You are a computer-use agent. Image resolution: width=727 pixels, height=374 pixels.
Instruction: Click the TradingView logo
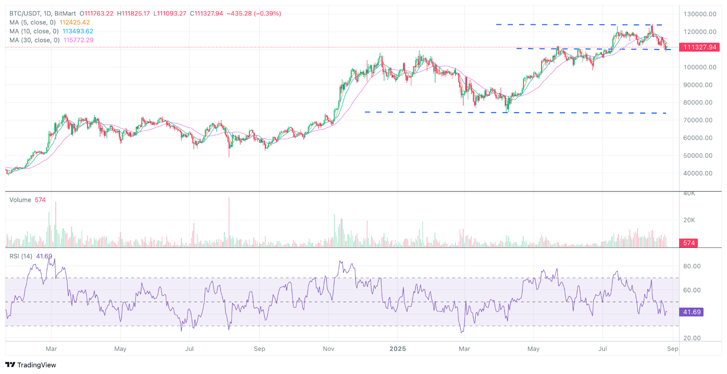pos(30,365)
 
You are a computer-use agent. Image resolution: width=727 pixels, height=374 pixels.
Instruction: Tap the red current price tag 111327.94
pos(699,47)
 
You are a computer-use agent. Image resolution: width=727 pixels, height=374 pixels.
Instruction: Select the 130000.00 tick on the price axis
pos(700,14)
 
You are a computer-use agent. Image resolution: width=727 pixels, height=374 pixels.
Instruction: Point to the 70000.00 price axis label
pos(698,120)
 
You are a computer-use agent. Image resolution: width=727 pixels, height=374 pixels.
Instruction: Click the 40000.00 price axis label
pos(698,173)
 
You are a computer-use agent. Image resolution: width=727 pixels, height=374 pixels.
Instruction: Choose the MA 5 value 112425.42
pos(75,22)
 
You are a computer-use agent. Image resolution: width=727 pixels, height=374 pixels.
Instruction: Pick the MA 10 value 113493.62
pos(78,31)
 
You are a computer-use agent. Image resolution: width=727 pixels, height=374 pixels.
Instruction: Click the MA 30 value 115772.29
pos(78,40)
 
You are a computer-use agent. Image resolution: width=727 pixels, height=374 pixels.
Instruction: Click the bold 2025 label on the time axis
pos(398,349)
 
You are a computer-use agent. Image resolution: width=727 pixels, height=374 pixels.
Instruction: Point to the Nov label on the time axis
pos(329,349)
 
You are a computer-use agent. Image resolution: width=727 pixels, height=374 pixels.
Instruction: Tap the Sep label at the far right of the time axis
pos(672,349)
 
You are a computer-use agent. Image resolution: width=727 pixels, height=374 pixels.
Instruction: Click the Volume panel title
pos(20,200)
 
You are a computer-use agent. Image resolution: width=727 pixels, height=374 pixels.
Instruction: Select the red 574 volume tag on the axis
pos(689,243)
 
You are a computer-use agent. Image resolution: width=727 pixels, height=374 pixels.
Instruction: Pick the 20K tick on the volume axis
pos(689,220)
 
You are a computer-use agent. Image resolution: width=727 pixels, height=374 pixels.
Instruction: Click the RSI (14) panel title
pos(21,256)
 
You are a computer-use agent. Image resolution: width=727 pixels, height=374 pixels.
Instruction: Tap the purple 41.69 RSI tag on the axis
pos(691,312)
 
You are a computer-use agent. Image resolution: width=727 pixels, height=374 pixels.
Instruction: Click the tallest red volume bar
pos(229,223)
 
